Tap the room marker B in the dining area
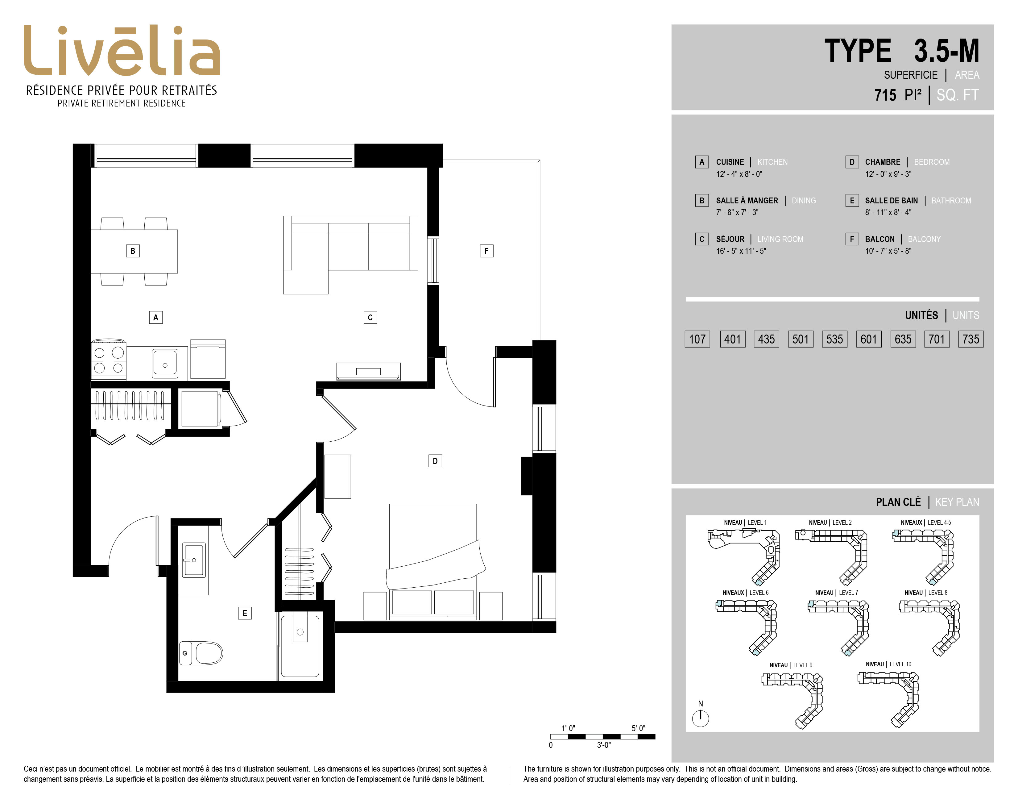[133, 251]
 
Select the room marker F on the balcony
[486, 251]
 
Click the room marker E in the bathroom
[245, 613]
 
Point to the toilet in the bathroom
[201, 653]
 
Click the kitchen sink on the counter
[164, 363]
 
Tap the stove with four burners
[109, 360]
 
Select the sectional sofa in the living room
[350, 255]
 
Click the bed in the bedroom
[433, 561]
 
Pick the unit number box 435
[766, 339]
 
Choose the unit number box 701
[937, 339]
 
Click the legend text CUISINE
[730, 162]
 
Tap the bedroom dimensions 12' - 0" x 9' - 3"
[888, 174]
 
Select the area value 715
[885, 95]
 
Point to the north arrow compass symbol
[700, 718]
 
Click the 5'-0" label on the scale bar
[639, 728]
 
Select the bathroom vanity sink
[193, 560]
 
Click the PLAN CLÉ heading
[898, 502]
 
